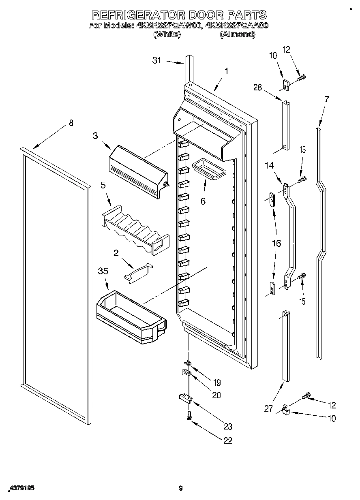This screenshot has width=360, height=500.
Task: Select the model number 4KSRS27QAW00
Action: tap(169, 25)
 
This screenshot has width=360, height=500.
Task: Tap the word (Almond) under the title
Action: tap(238, 34)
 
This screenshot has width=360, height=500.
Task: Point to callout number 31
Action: tap(156, 60)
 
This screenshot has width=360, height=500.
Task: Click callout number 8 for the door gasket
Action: tap(71, 123)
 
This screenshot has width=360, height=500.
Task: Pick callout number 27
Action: tap(269, 408)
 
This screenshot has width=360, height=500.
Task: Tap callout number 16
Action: tap(276, 244)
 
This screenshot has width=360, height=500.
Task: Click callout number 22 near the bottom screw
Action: tap(228, 441)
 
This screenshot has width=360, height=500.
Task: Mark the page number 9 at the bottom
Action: tap(181, 489)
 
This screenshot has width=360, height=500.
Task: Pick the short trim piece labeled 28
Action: tap(286, 126)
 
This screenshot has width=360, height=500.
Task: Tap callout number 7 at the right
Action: tap(327, 98)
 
